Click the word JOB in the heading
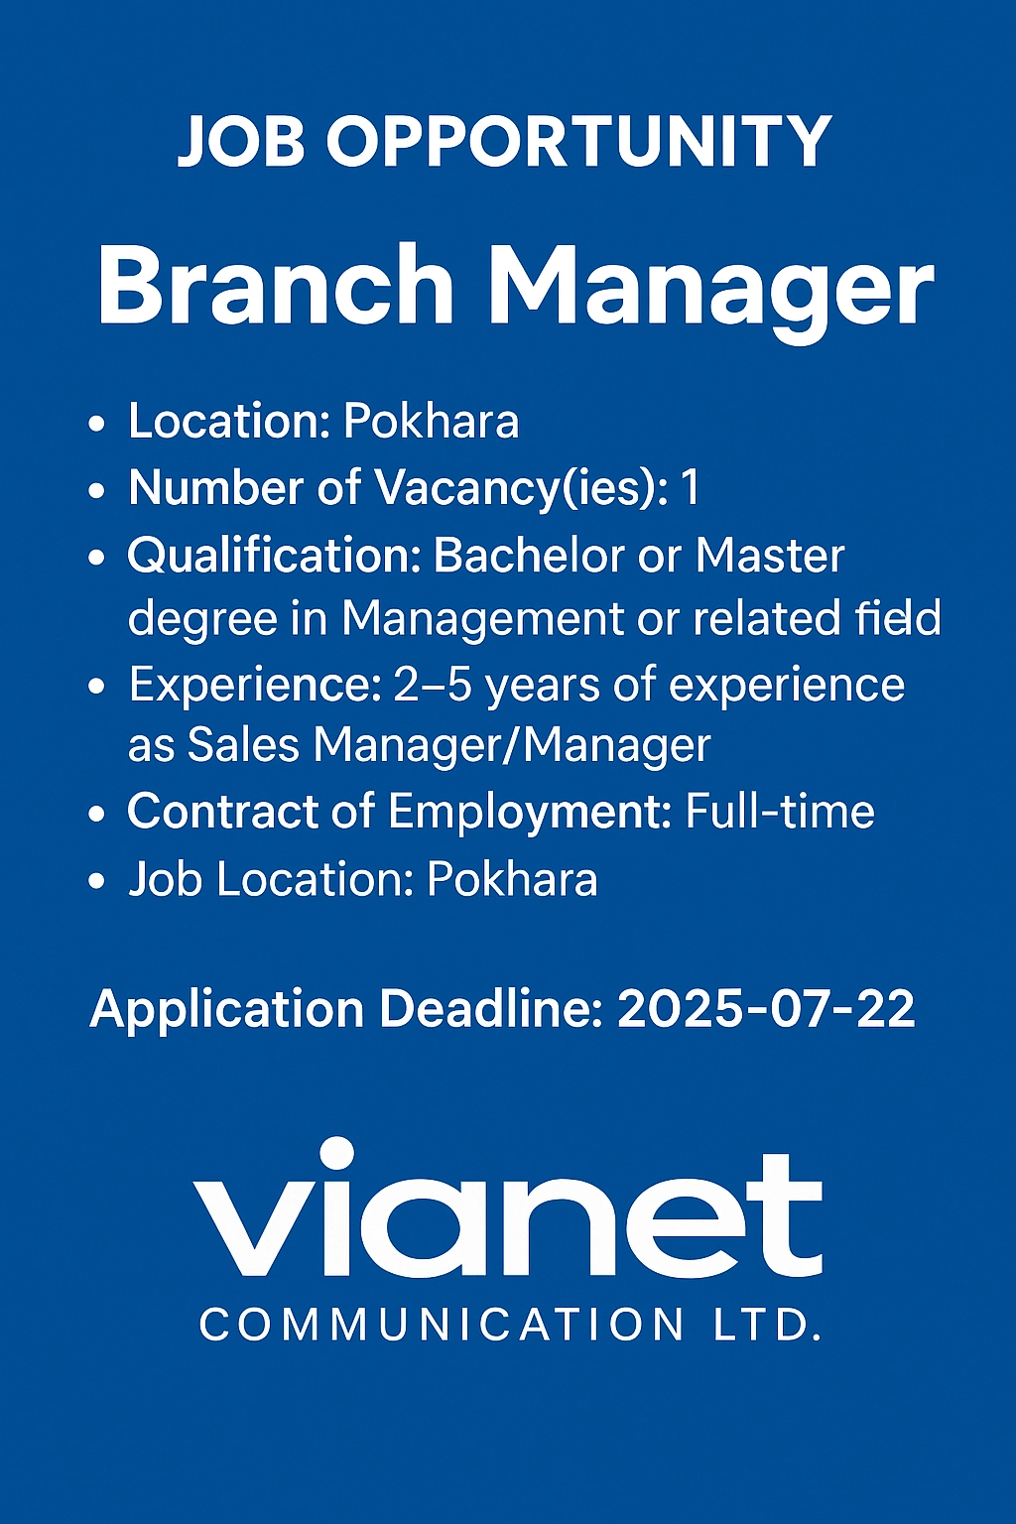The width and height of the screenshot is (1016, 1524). tap(241, 142)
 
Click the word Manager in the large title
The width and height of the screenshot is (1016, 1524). tap(711, 288)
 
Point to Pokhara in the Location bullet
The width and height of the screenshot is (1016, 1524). tap(431, 422)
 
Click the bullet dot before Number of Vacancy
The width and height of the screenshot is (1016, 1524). tap(96, 490)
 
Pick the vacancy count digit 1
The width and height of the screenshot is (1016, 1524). tap(690, 488)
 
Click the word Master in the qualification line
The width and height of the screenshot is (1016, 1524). tap(769, 555)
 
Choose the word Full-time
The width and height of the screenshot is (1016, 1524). tap(780, 812)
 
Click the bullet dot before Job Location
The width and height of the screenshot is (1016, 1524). tap(96, 881)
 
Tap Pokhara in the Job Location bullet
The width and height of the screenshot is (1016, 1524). tap(512, 880)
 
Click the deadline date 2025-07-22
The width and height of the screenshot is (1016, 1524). tap(765, 1009)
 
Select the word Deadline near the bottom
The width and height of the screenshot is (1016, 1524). tap(490, 1009)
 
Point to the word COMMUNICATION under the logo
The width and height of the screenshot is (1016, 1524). tap(442, 1326)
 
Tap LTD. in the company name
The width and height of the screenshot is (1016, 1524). tap(767, 1326)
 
